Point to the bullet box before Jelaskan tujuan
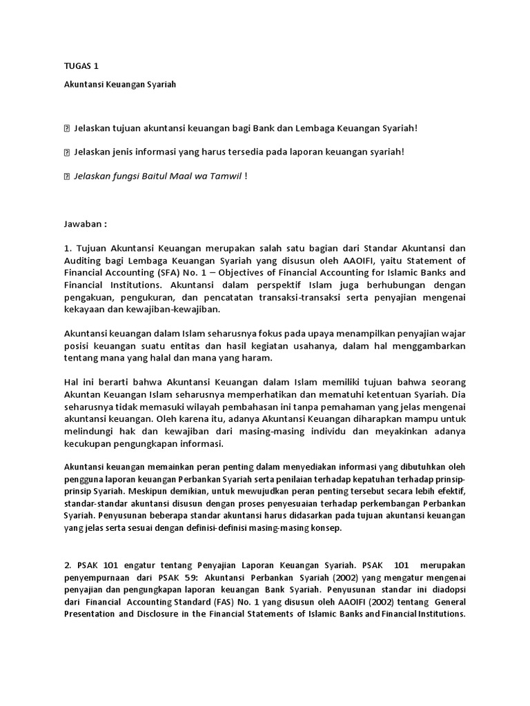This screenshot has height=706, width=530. (67, 128)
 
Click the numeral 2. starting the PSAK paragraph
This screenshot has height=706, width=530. (68, 565)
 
